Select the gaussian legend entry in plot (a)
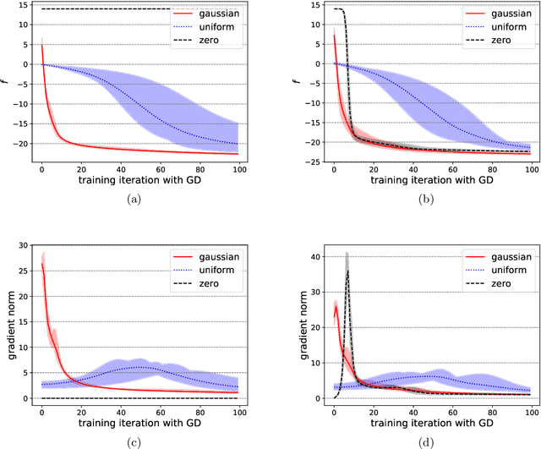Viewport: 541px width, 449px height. [x=216, y=14]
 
